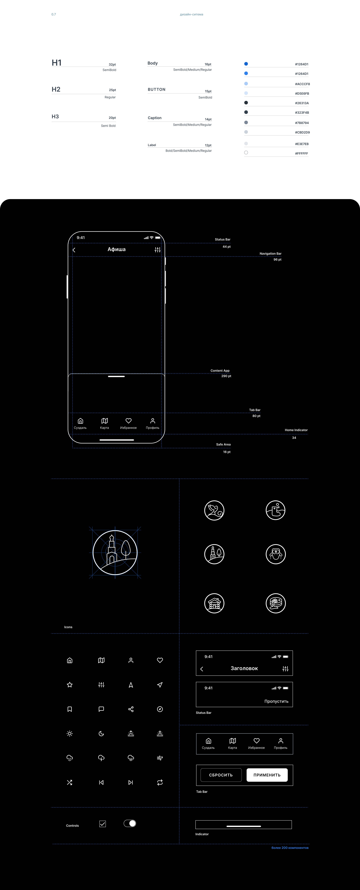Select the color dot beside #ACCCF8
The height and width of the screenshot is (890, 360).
(x=246, y=84)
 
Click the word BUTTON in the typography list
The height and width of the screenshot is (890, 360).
(x=156, y=90)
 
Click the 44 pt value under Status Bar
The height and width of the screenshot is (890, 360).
(x=227, y=247)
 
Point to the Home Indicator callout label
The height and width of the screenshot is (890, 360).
(x=296, y=430)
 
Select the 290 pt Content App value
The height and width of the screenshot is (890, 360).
(x=226, y=376)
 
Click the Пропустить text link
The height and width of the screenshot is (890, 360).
(x=276, y=701)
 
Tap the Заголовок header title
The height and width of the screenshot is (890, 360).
(x=244, y=669)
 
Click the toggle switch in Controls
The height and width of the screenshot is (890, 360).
(x=130, y=823)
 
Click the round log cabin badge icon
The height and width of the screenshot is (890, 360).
(x=214, y=603)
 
